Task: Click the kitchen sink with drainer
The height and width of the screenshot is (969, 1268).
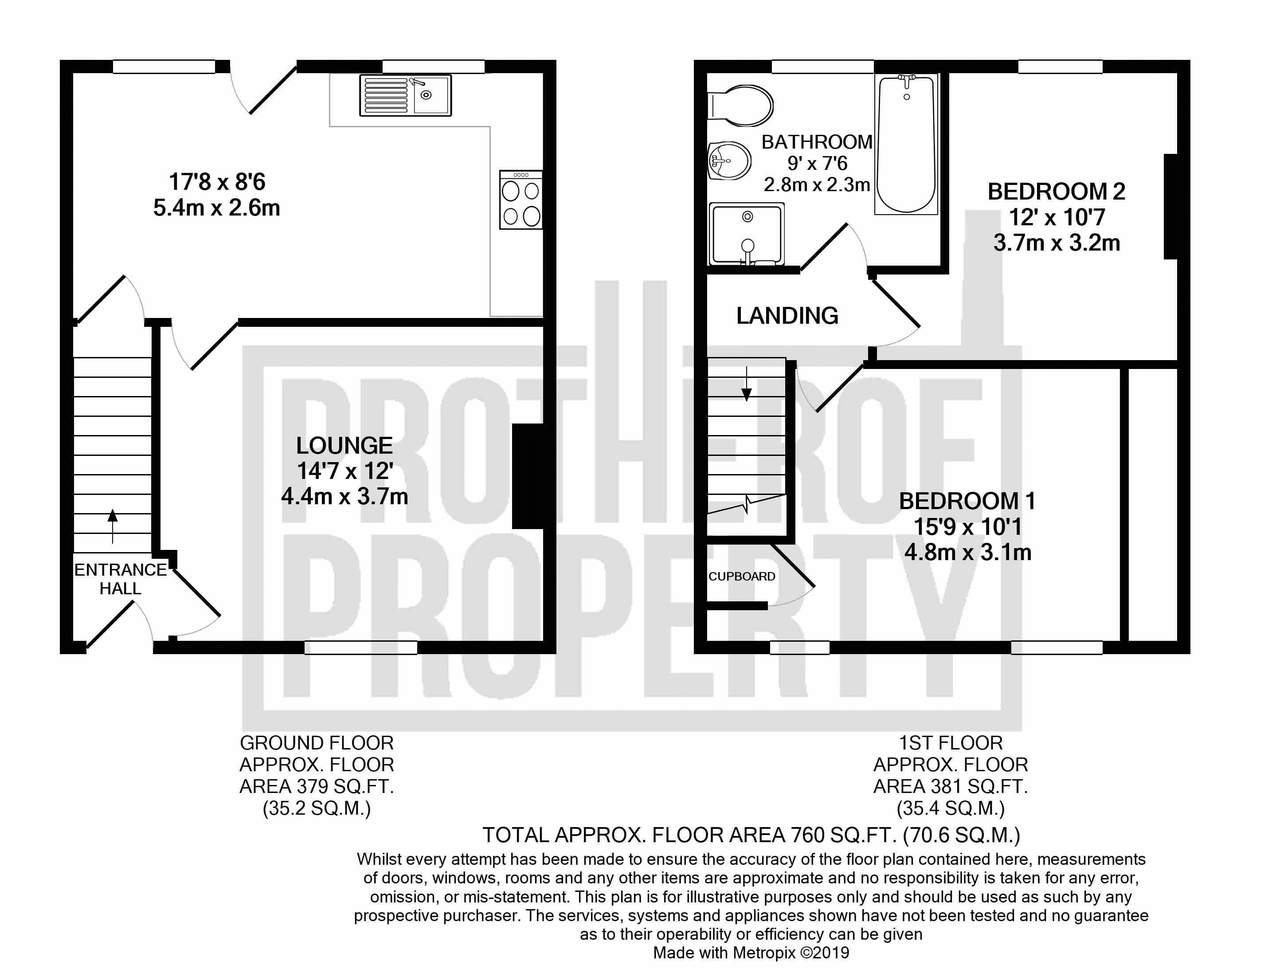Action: [x=405, y=95]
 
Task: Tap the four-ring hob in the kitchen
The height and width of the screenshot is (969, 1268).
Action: [x=521, y=200]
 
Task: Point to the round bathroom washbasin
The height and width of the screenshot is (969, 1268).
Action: [x=729, y=160]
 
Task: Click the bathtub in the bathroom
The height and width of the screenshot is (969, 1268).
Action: [x=907, y=144]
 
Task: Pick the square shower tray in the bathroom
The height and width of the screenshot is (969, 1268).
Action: [x=747, y=234]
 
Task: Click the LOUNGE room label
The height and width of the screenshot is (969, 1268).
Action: [x=344, y=446]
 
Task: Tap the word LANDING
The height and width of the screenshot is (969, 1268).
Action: [x=787, y=315]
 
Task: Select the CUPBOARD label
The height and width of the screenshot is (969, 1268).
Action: [x=742, y=576]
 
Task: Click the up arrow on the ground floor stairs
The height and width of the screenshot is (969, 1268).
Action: [x=113, y=526]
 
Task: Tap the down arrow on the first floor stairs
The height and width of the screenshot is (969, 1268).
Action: [x=747, y=384]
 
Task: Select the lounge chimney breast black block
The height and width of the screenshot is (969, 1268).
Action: [x=528, y=476]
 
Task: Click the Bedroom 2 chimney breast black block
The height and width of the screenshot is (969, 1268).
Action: [x=1170, y=207]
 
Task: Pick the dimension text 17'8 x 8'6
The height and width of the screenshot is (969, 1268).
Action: [x=217, y=182]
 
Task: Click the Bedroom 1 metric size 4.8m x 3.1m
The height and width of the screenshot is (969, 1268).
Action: [x=967, y=553]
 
